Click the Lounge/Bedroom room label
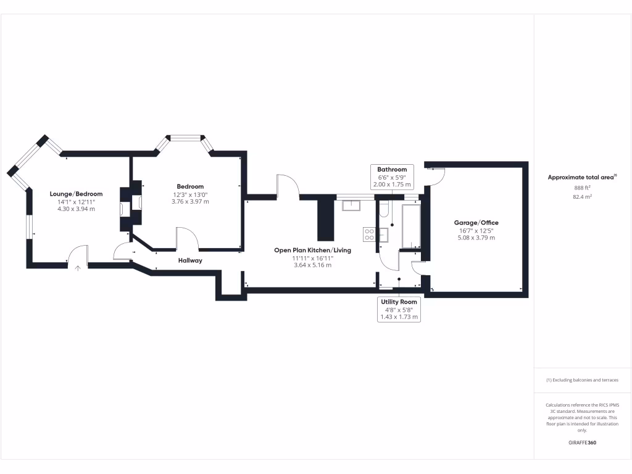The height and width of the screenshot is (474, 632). click(x=76, y=194)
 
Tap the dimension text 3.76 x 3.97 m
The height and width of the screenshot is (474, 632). click(x=190, y=202)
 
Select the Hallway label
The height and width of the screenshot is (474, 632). click(x=190, y=260)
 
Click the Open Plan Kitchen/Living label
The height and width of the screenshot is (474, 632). click(x=312, y=250)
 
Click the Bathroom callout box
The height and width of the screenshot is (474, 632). click(x=392, y=177)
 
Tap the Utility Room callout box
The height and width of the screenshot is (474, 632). click(x=399, y=309)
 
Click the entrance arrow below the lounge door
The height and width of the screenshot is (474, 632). click(x=78, y=268)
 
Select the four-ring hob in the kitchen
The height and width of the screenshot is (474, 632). click(x=369, y=234)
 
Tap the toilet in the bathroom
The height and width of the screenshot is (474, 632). click(x=383, y=210)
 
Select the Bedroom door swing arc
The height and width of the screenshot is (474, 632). click(x=186, y=238)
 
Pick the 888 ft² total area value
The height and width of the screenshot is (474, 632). click(x=582, y=187)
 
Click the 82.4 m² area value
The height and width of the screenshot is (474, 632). click(x=582, y=197)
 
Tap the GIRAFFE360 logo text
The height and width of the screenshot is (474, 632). click(x=582, y=443)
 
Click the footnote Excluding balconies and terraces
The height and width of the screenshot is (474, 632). click(x=582, y=380)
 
